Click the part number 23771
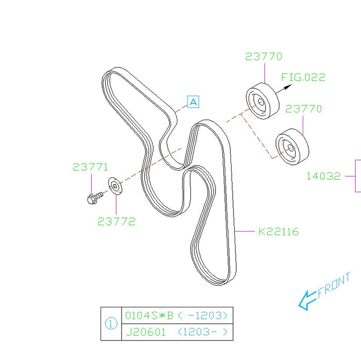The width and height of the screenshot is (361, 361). [x=90, y=167]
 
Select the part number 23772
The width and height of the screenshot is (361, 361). [x=117, y=221]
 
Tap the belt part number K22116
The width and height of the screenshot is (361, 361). [x=278, y=232]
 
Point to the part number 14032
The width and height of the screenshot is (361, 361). [x=323, y=176]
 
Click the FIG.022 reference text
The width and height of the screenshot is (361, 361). [x=303, y=77]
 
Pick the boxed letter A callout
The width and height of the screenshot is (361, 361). [x=193, y=102]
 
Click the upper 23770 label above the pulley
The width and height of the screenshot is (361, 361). [x=264, y=57]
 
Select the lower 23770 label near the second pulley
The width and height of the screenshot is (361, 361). [x=303, y=109]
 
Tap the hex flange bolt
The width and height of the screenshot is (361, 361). [x=95, y=198]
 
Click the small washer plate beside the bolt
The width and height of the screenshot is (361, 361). [x=115, y=186]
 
